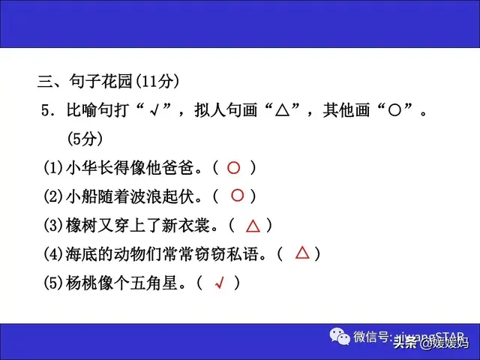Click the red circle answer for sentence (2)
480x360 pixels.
click(237, 196)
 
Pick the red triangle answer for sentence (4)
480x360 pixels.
click(302, 253)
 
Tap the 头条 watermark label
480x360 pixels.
click(405, 343)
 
